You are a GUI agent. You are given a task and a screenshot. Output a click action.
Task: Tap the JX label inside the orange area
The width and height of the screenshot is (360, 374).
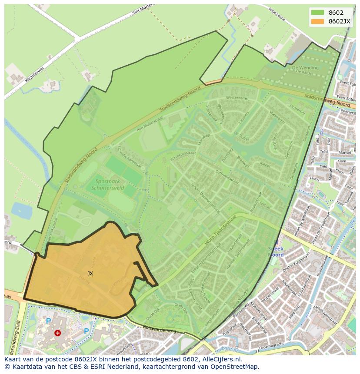click(x=90, y=274)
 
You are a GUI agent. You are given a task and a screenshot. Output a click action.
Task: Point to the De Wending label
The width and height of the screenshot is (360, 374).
click(x=305, y=68)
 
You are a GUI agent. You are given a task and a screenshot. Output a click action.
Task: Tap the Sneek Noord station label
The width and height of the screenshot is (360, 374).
click(x=276, y=252)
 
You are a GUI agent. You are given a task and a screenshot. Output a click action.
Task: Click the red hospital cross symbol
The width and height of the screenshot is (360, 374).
click(x=57, y=333)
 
